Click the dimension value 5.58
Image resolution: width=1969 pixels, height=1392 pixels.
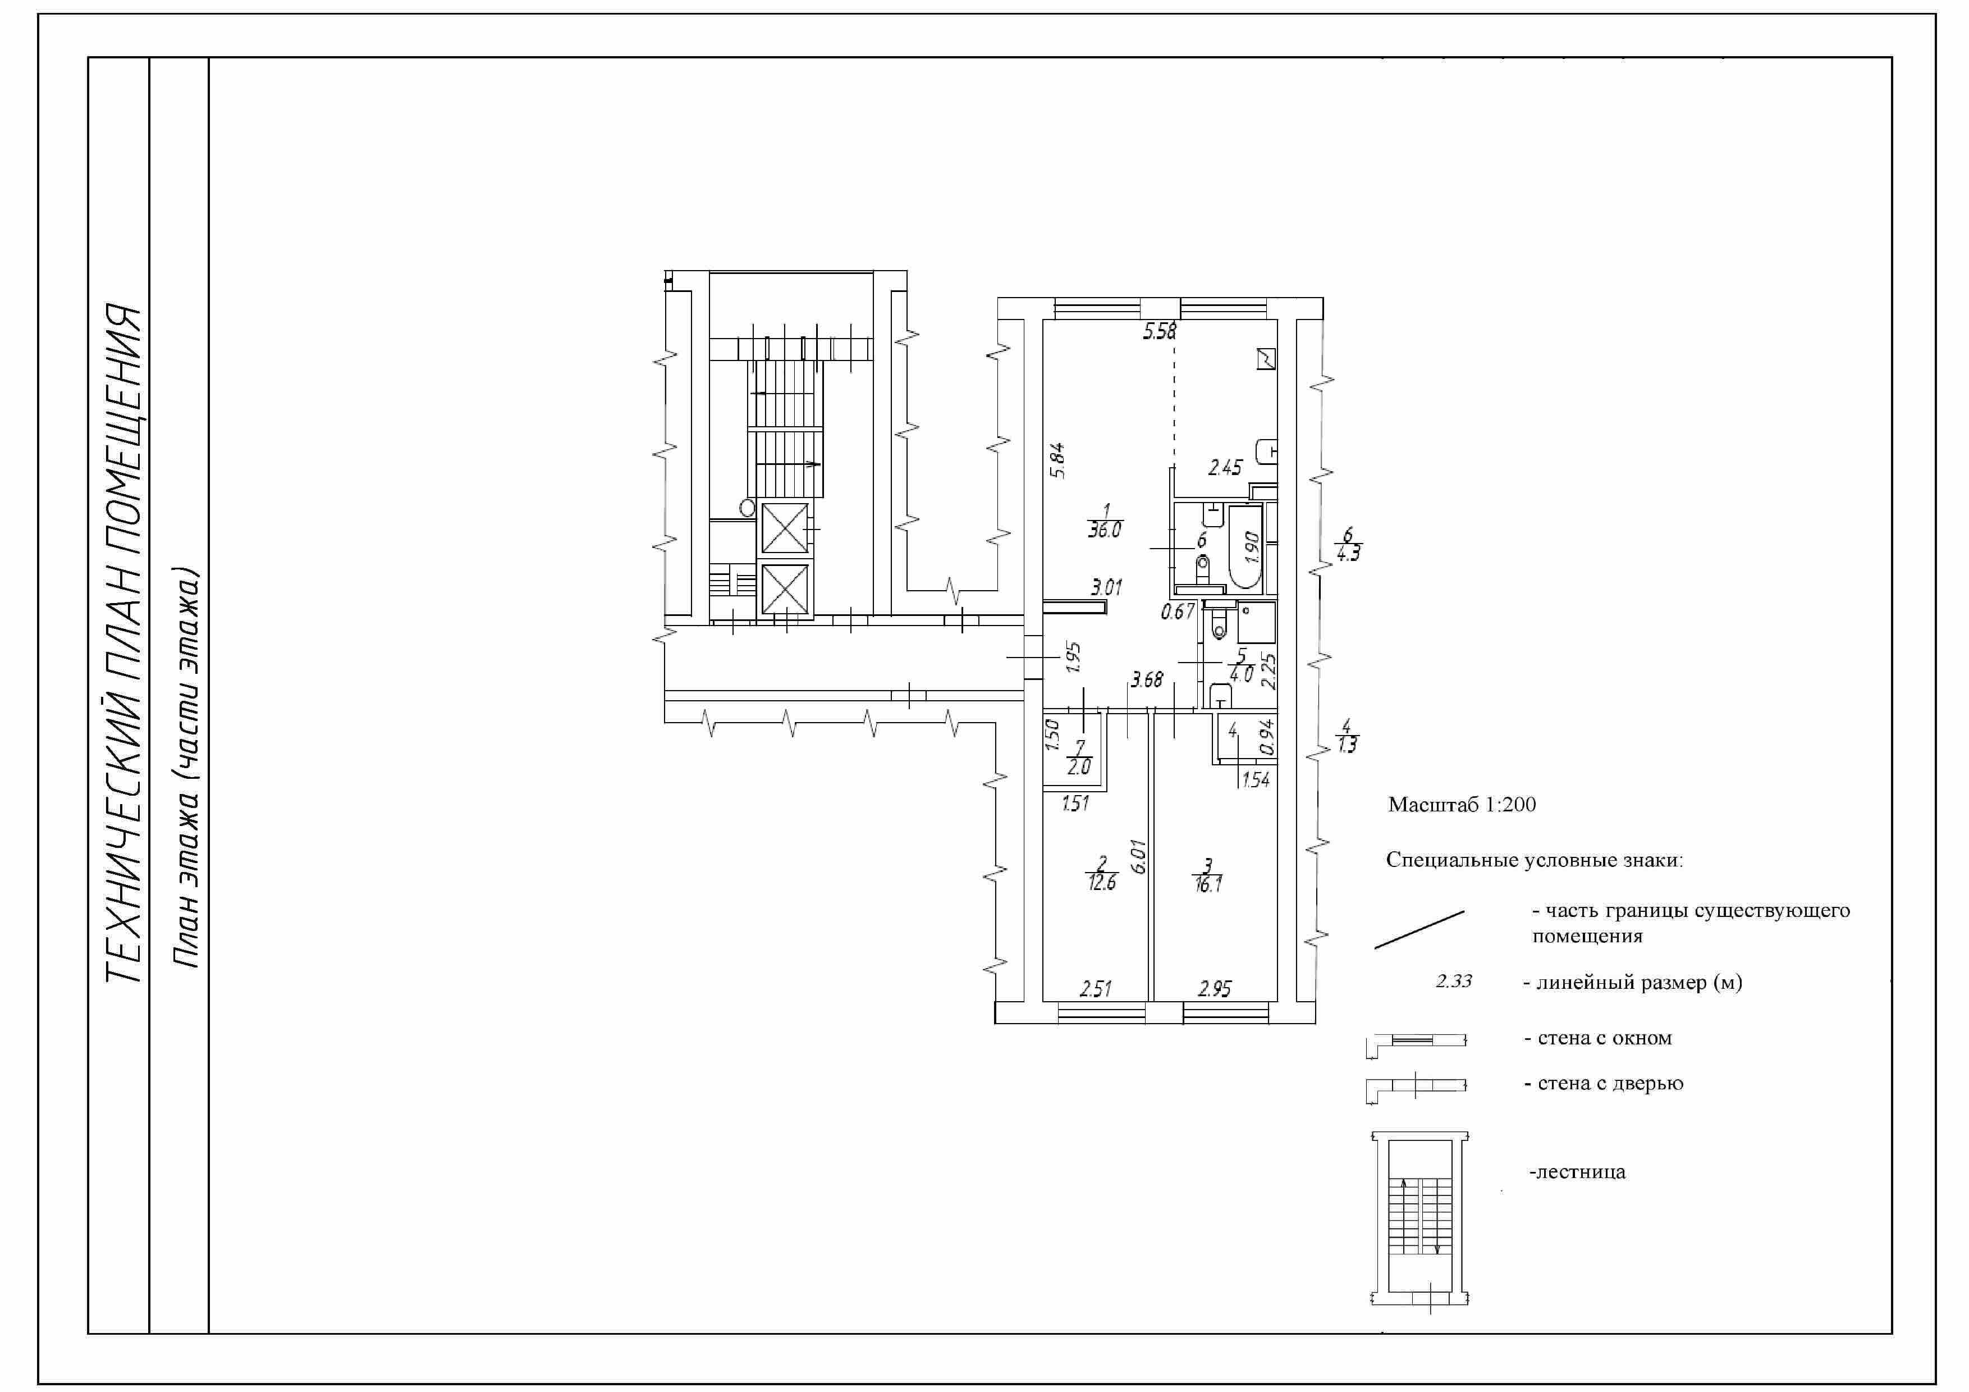[1160, 331]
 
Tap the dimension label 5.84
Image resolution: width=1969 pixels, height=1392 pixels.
[1057, 460]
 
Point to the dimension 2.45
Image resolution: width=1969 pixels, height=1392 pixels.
[1225, 467]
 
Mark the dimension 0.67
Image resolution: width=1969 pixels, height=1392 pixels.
[1178, 611]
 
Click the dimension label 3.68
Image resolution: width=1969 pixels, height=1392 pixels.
[1147, 680]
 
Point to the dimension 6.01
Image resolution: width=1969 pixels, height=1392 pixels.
[1139, 855]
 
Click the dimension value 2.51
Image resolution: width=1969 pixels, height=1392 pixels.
[1095, 989]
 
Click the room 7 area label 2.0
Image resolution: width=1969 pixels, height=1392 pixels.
[1079, 768]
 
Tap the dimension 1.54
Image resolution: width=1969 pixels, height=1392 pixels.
[1256, 779]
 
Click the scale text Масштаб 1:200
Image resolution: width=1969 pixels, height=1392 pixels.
[1462, 805]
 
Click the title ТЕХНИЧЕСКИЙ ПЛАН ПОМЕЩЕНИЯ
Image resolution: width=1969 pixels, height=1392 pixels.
[122, 643]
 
